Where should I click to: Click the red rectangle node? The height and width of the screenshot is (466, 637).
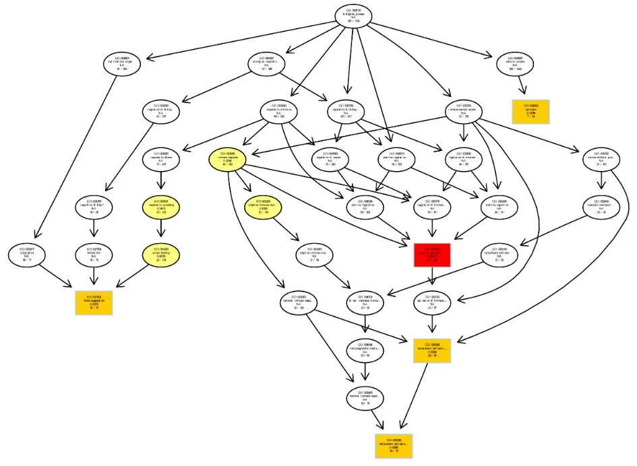[431, 255]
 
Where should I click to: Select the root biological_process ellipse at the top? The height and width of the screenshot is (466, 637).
[353, 16]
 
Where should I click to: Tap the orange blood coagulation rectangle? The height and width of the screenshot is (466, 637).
[94, 302]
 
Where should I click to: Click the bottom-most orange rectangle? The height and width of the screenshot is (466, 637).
[393, 446]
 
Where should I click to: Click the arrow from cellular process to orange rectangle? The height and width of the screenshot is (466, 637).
[522, 87]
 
